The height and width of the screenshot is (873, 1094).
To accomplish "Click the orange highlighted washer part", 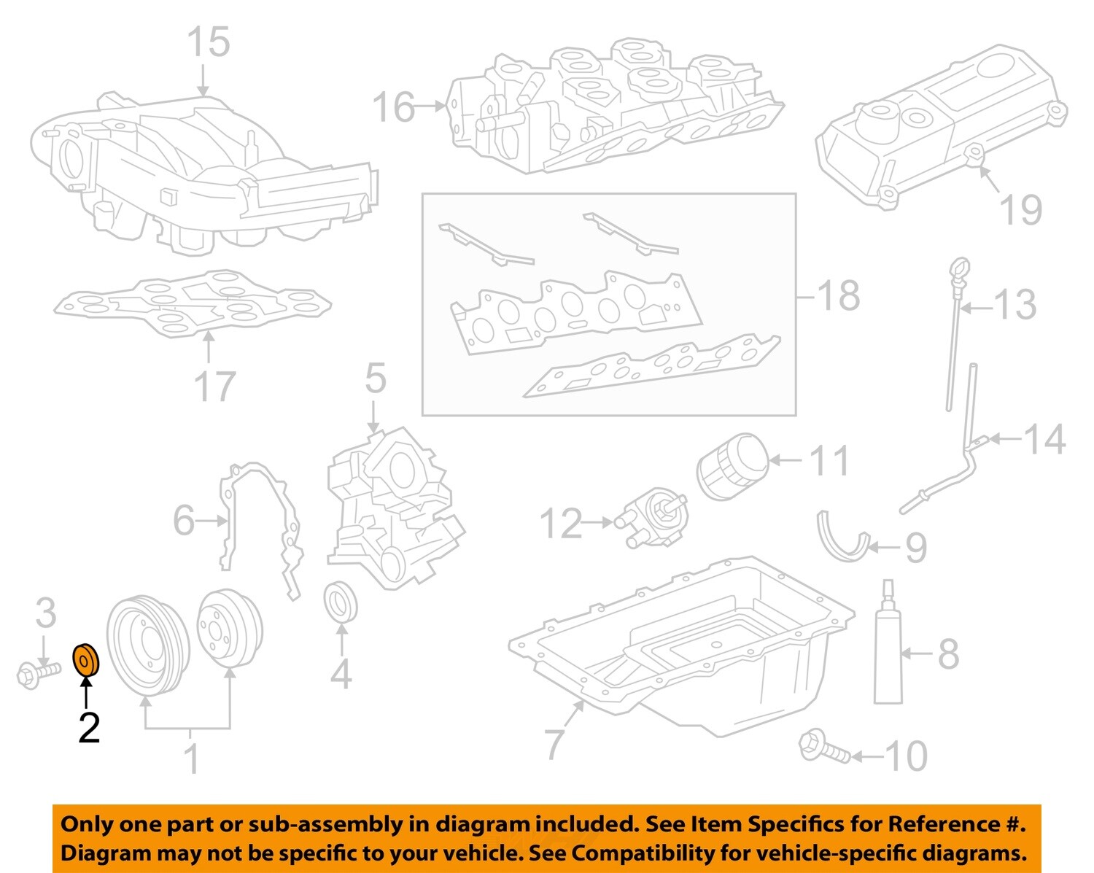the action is coord(86,660).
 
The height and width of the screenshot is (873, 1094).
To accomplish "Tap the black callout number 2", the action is coord(89,728).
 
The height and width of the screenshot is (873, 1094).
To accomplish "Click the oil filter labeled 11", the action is coord(732,466).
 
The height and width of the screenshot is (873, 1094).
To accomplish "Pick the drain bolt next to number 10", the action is coord(824,747).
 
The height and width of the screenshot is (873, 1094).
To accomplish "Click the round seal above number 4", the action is coord(341,602).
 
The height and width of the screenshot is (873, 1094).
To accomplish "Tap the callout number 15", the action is coord(209,42).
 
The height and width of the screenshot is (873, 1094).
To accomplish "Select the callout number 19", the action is coord(1021,210).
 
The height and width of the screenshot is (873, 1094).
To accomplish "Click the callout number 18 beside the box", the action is coord(839,296).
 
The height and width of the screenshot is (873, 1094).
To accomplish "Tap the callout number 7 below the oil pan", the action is coord(555,744).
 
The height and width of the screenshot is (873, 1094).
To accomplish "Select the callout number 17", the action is coord(214,387).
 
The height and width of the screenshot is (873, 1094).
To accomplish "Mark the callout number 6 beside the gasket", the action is coord(184,521).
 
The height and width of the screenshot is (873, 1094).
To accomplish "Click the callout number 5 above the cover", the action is coord(375,379).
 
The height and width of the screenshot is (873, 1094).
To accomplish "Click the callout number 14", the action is coord(1045,439).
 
